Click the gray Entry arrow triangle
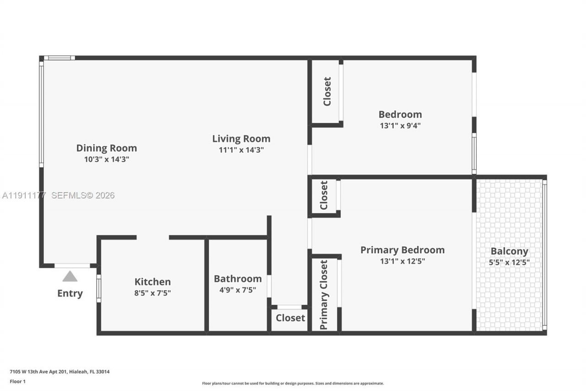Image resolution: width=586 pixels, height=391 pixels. pos(70,276)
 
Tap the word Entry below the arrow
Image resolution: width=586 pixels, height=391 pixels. pos(70,293)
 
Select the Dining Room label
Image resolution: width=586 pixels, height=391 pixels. pos(106,148)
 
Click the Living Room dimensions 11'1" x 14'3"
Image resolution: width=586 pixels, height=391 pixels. pos(241,150)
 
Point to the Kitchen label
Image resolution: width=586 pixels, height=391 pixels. pos(152,282)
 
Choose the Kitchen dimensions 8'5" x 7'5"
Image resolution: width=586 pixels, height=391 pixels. pos(152,293)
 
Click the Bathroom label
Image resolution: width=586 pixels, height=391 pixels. pos(238,279)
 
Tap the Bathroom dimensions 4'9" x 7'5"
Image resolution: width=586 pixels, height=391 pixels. pos(238,290)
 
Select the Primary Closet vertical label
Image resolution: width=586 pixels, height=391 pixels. pos(324,295)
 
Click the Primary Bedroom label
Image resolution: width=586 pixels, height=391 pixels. pos(402,250)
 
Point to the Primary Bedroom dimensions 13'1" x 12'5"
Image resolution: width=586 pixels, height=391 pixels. pos(402,261)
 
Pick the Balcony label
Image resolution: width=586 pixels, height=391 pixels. pos(509,251)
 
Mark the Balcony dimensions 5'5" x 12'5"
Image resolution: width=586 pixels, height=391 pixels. pos(509,263)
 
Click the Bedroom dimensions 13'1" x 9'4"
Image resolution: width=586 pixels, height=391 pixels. pos(400,126)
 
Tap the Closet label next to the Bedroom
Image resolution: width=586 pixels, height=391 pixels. pos(327,91)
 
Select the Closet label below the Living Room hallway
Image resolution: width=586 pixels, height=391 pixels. pos(290,318)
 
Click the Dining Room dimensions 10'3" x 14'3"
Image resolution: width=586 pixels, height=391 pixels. pos(106,160)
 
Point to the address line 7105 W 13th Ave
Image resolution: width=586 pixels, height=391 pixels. pos(60,372)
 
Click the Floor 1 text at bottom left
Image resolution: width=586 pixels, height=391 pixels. pos(18,381)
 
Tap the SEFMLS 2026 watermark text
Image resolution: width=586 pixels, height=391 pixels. pos(83,195)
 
